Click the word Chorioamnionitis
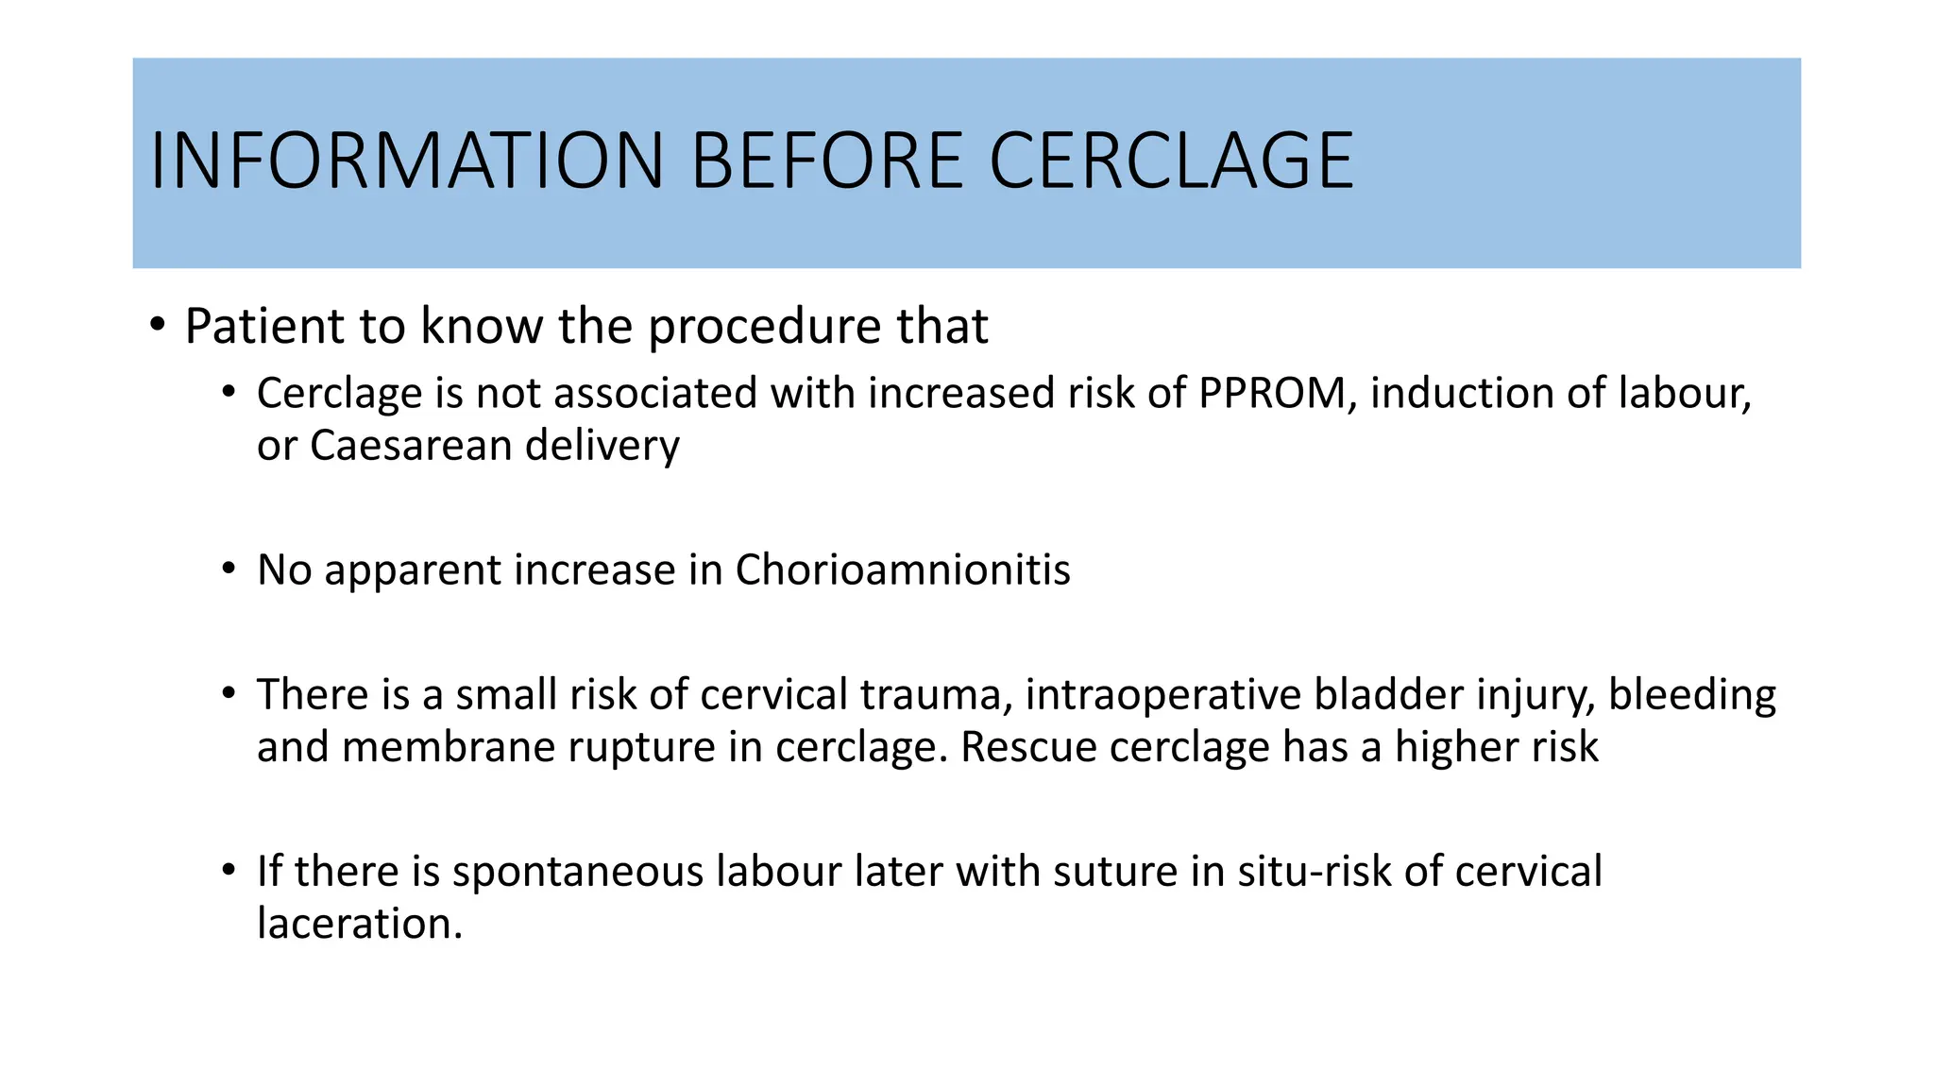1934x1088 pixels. click(x=903, y=570)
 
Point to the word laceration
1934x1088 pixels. click(x=359, y=924)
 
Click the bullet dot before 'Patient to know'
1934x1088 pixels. click(x=158, y=326)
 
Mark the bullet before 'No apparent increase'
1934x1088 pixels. click(x=229, y=569)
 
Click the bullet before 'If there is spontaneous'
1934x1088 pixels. click(x=229, y=870)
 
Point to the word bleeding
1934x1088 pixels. click(x=1691, y=696)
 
